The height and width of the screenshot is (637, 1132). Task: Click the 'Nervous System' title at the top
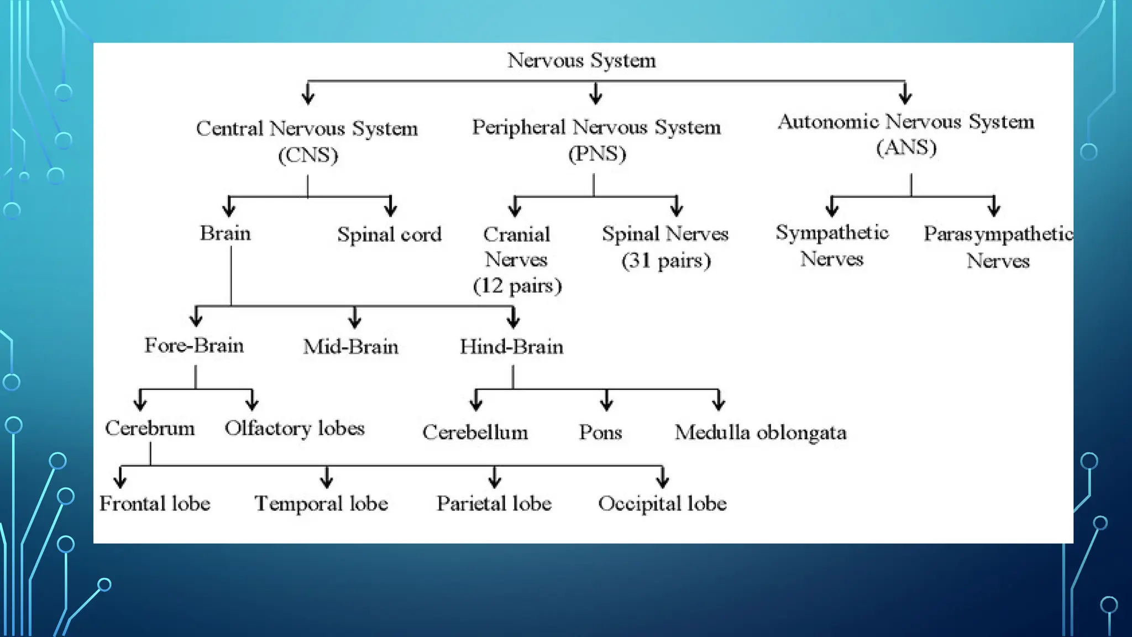point(581,60)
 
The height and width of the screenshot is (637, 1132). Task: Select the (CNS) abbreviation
point(308,155)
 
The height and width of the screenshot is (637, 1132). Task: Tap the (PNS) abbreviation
point(597,153)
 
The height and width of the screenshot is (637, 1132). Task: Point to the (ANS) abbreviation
point(906,147)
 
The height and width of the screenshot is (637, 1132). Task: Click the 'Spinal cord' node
point(389,234)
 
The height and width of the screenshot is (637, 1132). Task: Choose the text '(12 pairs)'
point(517,286)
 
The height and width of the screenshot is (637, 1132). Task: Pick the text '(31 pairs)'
point(666,260)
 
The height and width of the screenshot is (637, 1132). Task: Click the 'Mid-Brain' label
point(350,347)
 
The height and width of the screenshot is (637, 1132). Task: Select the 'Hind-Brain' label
point(511,347)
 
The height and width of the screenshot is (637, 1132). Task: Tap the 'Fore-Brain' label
point(194,346)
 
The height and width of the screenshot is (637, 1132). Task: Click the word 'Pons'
point(600,432)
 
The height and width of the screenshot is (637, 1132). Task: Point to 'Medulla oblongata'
point(760,432)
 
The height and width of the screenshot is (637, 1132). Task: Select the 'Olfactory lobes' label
point(295,429)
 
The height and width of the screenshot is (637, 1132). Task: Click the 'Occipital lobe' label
point(662,504)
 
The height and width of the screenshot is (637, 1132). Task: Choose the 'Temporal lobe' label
point(321,504)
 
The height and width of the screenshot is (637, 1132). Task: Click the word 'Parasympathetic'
point(998,234)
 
